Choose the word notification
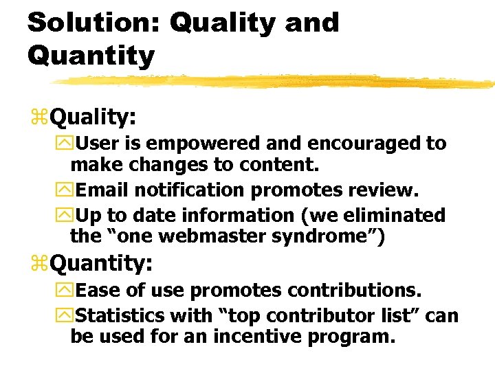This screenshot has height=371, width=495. [236, 190]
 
